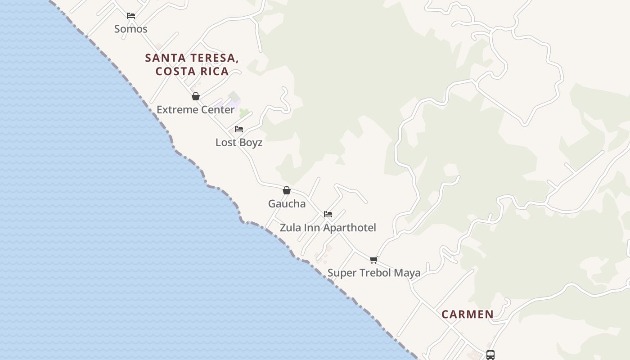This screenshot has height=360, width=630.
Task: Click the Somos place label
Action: pyautogui.click(x=130, y=29)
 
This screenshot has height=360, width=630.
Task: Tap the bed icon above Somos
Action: pyautogui.click(x=131, y=15)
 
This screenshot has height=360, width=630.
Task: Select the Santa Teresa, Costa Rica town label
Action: pyautogui.click(x=192, y=64)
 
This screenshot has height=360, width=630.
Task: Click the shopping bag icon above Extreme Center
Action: pyautogui.click(x=196, y=96)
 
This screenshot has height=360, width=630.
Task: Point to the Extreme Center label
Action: pyautogui.click(x=195, y=109)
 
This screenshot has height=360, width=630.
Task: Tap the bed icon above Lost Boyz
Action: pyautogui.click(x=239, y=129)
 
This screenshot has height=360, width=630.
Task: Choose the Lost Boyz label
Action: pyautogui.click(x=238, y=142)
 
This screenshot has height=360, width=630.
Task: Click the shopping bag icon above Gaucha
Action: pyautogui.click(x=287, y=190)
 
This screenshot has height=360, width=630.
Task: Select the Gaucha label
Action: pyautogui.click(x=287, y=203)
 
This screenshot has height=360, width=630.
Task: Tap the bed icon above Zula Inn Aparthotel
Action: pyautogui.click(x=328, y=214)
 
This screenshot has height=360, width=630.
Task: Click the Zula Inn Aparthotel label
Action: pyautogui.click(x=328, y=227)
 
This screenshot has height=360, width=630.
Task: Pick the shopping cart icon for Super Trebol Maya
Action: pyautogui.click(x=373, y=260)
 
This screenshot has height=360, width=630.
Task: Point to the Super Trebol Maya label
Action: pyautogui.click(x=373, y=273)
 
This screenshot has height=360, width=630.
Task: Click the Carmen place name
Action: pyautogui.click(x=467, y=314)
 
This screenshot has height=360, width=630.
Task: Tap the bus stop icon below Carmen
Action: pyautogui.click(x=490, y=355)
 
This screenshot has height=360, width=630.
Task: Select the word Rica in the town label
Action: pyautogui.click(x=215, y=71)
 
